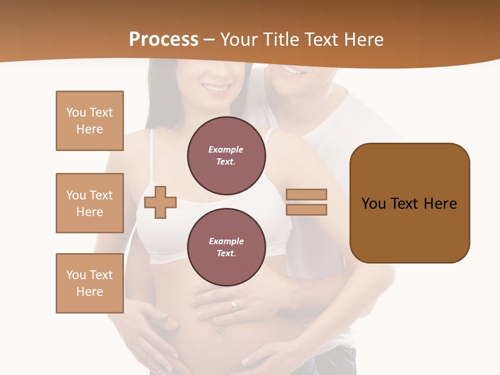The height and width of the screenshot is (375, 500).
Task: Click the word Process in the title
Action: [x=164, y=40]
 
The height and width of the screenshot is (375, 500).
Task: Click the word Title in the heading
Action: [x=279, y=40]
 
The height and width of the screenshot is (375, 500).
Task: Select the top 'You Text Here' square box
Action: [x=90, y=121]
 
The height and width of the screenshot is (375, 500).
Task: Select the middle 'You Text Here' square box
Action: [x=90, y=203]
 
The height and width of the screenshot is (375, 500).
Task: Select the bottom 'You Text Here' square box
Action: [x=90, y=283]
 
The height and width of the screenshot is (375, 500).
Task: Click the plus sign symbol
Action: [x=160, y=202]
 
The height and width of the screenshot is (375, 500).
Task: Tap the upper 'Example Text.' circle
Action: [x=226, y=156]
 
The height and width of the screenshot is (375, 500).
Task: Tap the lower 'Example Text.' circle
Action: [x=226, y=247]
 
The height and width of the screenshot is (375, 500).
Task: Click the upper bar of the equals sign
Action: [x=306, y=194]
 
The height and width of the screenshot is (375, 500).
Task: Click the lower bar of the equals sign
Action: [x=306, y=210]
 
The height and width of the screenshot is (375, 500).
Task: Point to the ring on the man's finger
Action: [x=234, y=306]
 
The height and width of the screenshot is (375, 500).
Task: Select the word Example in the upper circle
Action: [x=226, y=149]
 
